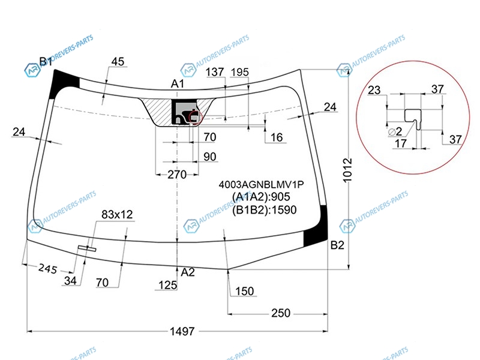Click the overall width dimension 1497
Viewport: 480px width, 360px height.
click(x=182, y=331)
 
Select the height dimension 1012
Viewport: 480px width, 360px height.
click(x=347, y=170)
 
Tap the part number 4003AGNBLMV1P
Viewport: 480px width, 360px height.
click(x=261, y=185)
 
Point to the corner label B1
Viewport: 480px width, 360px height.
click(x=46, y=62)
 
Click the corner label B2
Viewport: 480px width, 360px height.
click(x=337, y=245)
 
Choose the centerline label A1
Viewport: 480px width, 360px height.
click(x=177, y=83)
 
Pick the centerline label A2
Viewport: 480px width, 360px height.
click(x=188, y=272)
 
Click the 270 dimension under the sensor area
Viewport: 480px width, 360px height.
click(x=177, y=175)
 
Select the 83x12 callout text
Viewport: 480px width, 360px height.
click(x=117, y=215)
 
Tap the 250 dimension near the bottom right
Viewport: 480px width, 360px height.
click(x=281, y=313)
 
